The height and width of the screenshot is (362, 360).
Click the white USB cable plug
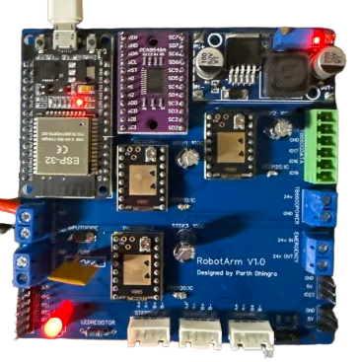pyautogui.click(x=62, y=12)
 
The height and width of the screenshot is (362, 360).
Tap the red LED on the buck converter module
pyautogui.click(x=315, y=40)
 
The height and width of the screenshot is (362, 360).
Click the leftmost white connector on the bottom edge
pyautogui.click(x=151, y=334)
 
